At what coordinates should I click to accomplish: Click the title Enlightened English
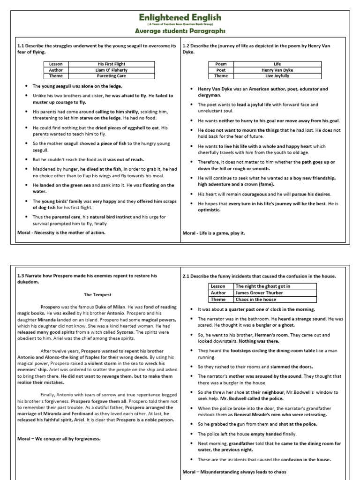click(180, 17)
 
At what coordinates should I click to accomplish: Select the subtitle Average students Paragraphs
click(180, 31)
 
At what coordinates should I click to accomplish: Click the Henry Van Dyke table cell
click(277, 70)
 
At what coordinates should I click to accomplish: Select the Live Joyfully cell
click(277, 76)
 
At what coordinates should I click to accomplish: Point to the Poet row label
click(220, 70)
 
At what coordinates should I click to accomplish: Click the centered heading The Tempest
click(97, 295)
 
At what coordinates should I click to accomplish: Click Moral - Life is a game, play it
click(214, 233)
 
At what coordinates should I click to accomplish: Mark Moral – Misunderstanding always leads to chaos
click(234, 472)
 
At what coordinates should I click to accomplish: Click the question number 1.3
click(21, 277)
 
